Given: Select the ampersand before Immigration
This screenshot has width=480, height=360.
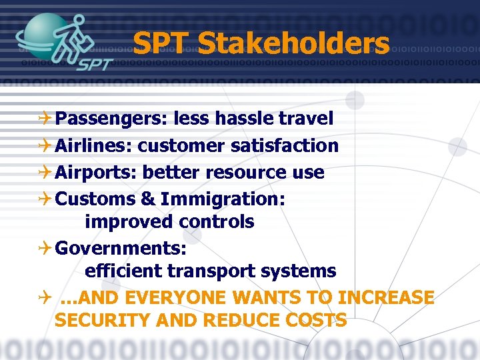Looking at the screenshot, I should point(148,199).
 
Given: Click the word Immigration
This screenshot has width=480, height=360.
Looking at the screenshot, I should point(223,199).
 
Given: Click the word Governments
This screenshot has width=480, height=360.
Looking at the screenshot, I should point(120,249).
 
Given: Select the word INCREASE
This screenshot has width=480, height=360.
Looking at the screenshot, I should point(386,297).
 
